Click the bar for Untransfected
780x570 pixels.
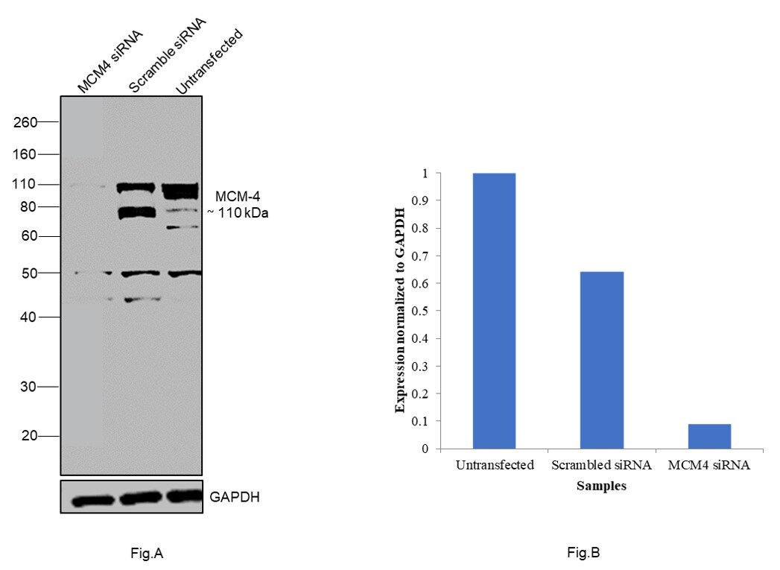(x=494, y=311)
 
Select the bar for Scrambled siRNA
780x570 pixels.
(x=601, y=360)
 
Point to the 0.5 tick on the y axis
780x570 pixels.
(x=425, y=311)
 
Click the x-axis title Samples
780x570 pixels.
(x=601, y=486)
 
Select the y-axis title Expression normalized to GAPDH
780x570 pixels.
(x=400, y=311)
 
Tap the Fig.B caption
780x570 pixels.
(x=583, y=553)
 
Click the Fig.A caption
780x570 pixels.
(x=146, y=553)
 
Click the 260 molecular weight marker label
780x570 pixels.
(x=25, y=121)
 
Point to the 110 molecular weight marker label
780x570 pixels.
(x=25, y=184)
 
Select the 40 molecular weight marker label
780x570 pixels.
(x=28, y=317)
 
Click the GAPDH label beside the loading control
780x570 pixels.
(x=235, y=497)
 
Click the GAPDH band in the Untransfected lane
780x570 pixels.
(x=183, y=496)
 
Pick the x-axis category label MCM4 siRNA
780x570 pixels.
(x=708, y=466)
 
